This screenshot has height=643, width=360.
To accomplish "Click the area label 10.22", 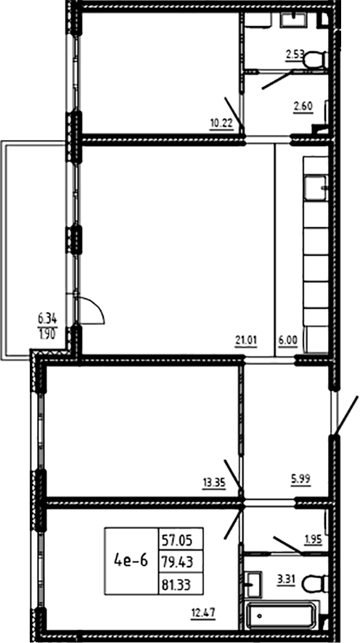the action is pyautogui.click(x=221, y=123).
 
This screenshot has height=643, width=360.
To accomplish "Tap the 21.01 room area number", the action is pyautogui.click(x=246, y=340).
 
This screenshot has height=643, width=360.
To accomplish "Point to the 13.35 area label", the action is pyautogui.click(x=214, y=483).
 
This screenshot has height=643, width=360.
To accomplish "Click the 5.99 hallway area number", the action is pyautogui.click(x=300, y=478).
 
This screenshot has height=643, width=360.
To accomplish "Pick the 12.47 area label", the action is pyautogui.click(x=203, y=613).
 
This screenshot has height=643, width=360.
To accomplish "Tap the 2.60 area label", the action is pyautogui.click(x=303, y=107).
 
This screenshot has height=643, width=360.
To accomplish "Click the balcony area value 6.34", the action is pyautogui.click(x=48, y=318).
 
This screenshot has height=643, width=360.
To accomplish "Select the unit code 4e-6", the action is pyautogui.click(x=131, y=560).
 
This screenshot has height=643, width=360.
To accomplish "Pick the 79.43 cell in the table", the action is pyautogui.click(x=181, y=560).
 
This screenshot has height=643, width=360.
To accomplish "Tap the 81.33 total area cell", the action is pyautogui.click(x=181, y=582).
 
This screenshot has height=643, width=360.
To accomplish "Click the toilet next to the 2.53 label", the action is pyautogui.click(x=316, y=60).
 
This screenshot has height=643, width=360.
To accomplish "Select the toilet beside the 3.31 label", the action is pyautogui.click(x=315, y=583).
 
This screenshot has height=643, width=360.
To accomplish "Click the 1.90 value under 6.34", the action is pyautogui.click(x=48, y=332).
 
